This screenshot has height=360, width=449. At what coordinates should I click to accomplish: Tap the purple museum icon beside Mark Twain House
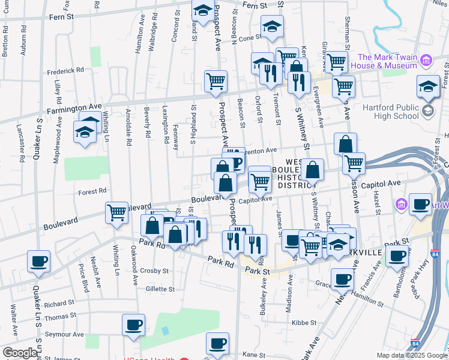tap(427, 60)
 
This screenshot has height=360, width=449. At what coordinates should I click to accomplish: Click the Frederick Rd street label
tap(67, 70)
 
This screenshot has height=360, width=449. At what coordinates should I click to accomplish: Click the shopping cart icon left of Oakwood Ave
tap(116, 212)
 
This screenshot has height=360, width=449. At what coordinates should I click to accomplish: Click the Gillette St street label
tap(160, 289)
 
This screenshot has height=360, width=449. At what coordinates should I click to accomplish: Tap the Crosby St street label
tap(155, 271)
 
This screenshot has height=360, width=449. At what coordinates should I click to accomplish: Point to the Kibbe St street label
tap(303, 323)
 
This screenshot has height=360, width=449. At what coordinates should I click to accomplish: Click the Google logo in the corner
tap(20, 353)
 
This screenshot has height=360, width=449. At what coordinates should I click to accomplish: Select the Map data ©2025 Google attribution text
tap(412, 355)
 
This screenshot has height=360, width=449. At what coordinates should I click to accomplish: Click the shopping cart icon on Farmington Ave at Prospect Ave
tap(215, 81)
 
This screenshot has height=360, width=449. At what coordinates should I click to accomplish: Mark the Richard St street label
tap(58, 304)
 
